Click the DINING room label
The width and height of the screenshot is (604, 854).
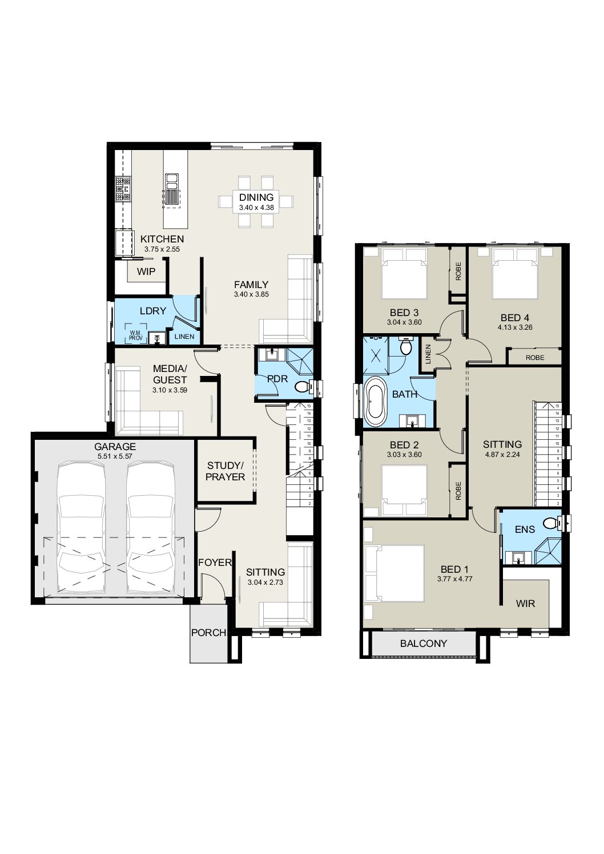click(256, 197)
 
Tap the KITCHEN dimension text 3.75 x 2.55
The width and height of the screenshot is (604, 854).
click(162, 249)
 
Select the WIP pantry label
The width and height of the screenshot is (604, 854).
click(146, 272)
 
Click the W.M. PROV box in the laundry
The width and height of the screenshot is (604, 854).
click(135, 335)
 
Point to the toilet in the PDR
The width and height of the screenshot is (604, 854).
click(302, 387)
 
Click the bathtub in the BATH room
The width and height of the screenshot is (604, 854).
click(376, 401)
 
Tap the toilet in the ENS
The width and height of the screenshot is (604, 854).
click(550, 523)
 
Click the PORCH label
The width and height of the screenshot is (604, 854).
click(209, 633)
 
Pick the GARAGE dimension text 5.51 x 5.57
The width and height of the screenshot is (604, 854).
click(115, 456)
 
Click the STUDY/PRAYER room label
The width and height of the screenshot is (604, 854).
click(225, 471)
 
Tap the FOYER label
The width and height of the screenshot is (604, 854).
click(215, 562)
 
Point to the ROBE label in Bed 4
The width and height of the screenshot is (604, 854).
click(535, 358)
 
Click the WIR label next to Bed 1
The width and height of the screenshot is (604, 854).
click(525, 604)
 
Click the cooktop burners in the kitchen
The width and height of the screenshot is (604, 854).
click(123, 189)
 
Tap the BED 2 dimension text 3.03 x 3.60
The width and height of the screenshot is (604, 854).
click(404, 455)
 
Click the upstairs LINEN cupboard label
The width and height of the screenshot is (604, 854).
click(428, 354)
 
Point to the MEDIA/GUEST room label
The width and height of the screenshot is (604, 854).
click(170, 374)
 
